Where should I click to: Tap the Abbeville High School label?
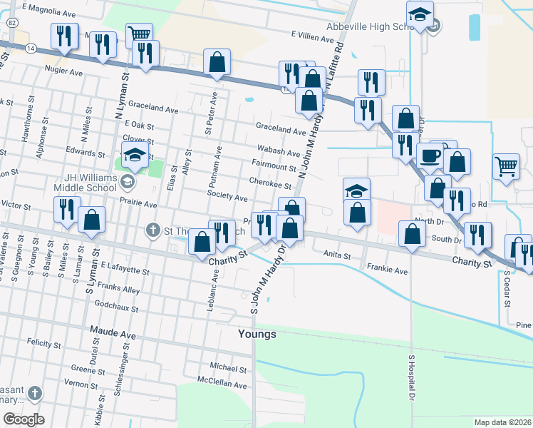(x=370, y=27)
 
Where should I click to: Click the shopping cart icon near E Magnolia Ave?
(x=139, y=33)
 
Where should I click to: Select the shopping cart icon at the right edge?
(x=506, y=166)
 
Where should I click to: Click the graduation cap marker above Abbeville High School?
(x=420, y=14)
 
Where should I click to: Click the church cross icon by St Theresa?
(x=152, y=230)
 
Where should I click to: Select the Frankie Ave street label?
(x=387, y=271)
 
